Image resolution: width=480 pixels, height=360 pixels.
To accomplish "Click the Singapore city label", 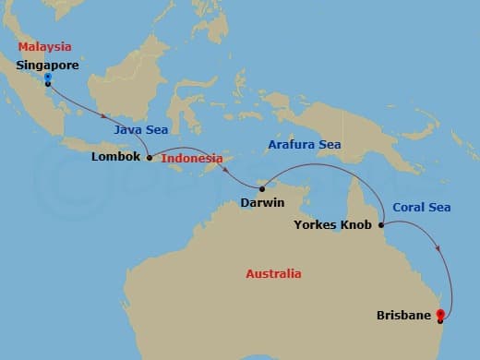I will [x=48, y=66].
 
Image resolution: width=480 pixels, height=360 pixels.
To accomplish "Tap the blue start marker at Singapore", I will [x=47, y=78].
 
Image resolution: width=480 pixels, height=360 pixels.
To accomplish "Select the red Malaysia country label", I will [x=45, y=45].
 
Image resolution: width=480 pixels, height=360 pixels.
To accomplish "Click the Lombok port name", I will [x=116, y=157].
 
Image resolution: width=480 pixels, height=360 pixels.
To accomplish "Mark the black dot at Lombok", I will [x=150, y=157].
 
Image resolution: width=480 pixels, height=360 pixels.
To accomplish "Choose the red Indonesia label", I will [x=192, y=158].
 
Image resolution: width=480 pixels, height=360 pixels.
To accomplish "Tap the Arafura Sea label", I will [x=304, y=145].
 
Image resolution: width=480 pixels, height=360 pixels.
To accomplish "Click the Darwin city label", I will [x=262, y=202].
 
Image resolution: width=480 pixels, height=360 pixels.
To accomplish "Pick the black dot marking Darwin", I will [x=262, y=189].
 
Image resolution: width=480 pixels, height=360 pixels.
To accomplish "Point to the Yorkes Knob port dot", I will [x=380, y=223].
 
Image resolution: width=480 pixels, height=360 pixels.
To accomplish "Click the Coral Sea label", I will [x=421, y=208].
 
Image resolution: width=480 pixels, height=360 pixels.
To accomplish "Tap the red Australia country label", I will [x=273, y=274].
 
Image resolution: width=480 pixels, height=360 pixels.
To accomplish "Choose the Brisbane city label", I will [x=404, y=316].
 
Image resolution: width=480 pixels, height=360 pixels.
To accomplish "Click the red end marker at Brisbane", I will [x=440, y=314].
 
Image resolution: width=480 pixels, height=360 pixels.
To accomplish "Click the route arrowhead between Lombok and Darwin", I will [x=225, y=169].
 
